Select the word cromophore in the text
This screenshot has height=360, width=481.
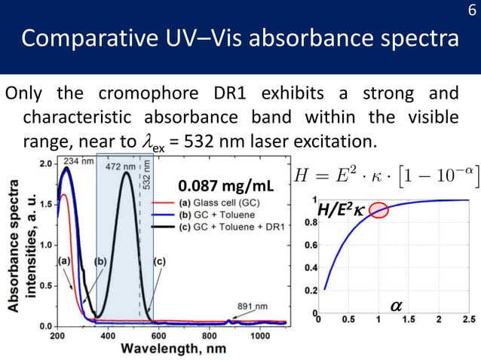(x=147, y=94)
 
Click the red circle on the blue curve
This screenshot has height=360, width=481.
(x=378, y=210)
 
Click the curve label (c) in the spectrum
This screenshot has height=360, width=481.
(x=159, y=260)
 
